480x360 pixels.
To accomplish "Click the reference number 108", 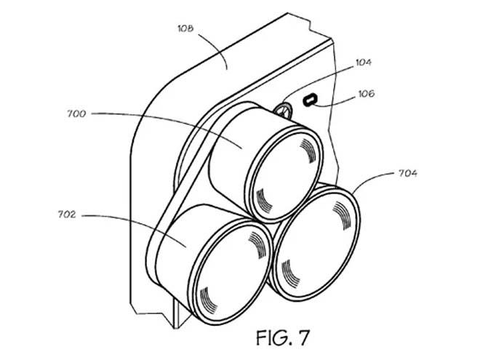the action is click(x=185, y=29).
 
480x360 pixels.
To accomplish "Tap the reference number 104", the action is click(x=364, y=63).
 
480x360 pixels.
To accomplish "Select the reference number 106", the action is click(x=367, y=94).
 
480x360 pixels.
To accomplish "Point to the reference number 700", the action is click(x=76, y=114).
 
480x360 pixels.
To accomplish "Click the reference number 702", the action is click(x=67, y=215).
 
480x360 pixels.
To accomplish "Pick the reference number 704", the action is click(x=408, y=173).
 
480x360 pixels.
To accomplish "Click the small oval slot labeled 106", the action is click(x=310, y=100).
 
